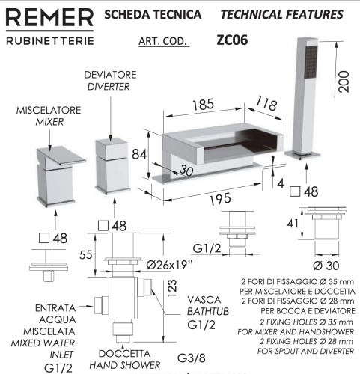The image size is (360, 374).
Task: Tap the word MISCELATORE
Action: [x=48, y=110]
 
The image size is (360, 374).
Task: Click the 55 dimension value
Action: [x=87, y=254]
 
